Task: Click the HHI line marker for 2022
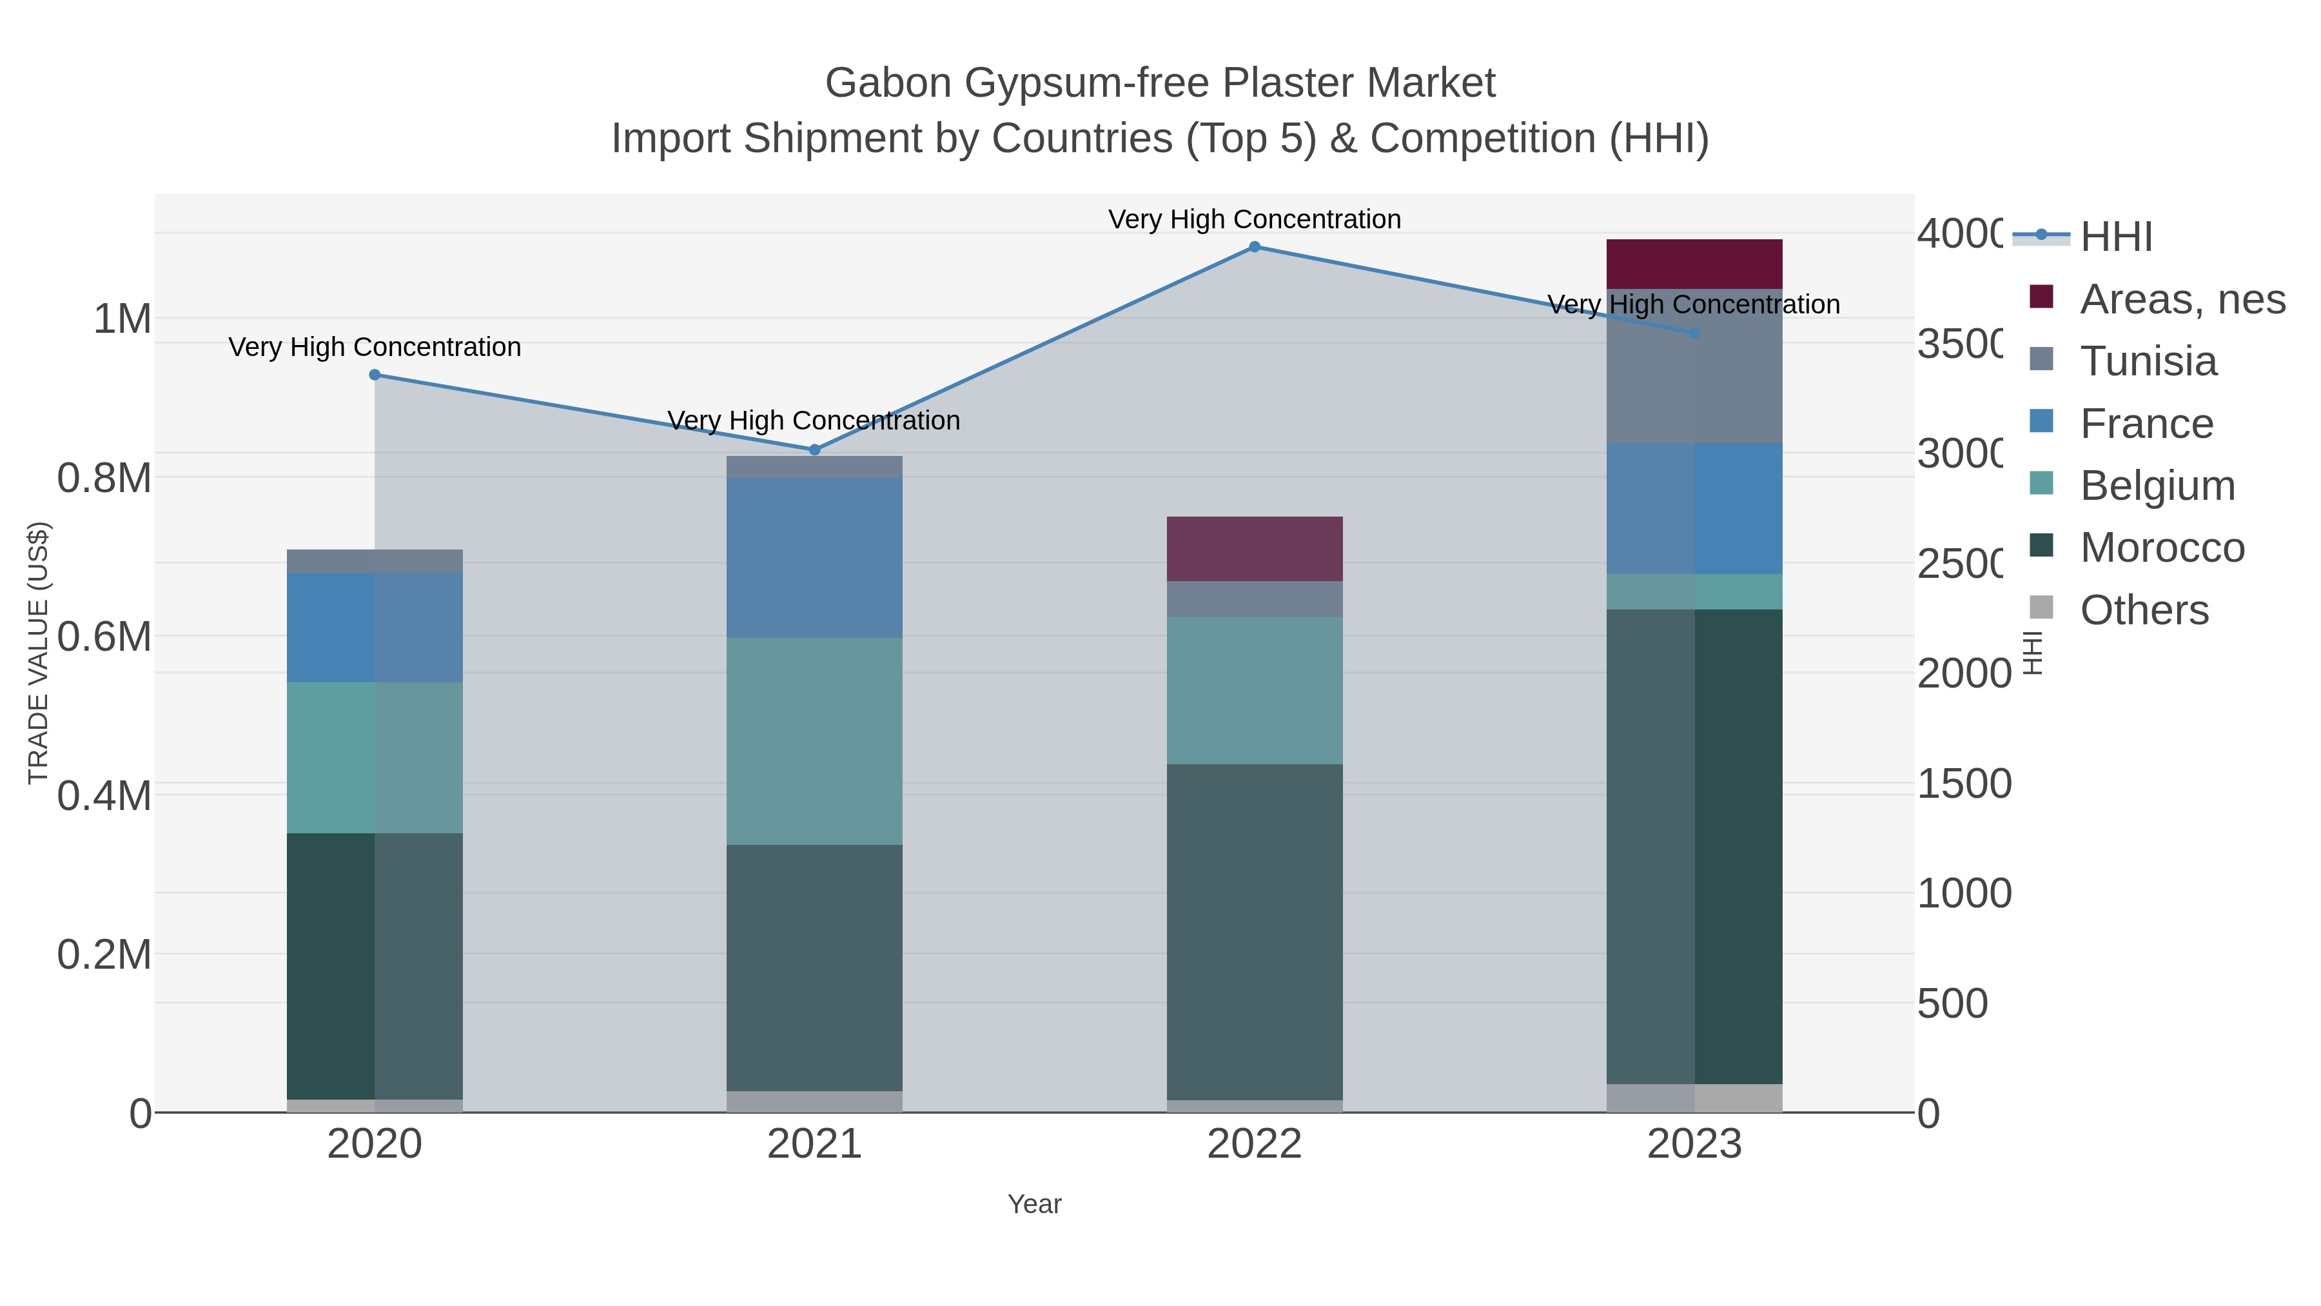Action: point(1254,247)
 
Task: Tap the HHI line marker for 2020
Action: point(375,375)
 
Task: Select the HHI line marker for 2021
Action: point(814,450)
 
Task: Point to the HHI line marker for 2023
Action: point(1694,333)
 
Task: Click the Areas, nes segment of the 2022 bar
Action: point(1254,549)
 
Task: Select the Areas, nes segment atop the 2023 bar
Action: point(1694,264)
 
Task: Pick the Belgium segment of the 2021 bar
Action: point(814,741)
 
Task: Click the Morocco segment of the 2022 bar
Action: point(1254,932)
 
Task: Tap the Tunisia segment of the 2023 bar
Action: point(1694,366)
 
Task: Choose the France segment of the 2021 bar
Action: point(814,558)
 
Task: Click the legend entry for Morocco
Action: point(2162,548)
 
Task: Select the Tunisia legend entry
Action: point(2148,361)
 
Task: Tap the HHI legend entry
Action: point(2115,237)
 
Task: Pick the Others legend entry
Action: point(2144,610)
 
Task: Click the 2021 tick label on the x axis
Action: point(814,1145)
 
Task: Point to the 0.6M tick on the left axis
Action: point(104,637)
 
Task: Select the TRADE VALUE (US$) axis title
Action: point(39,653)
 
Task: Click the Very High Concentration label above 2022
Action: point(1254,219)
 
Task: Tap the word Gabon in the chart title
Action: point(888,83)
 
